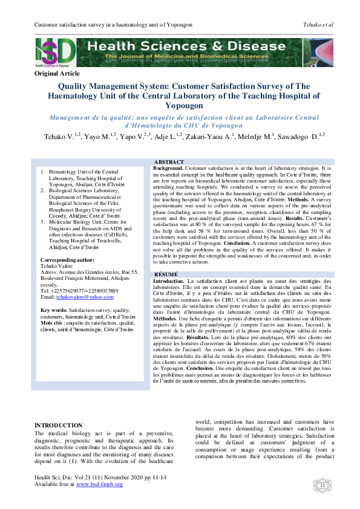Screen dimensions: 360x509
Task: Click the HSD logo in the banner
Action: click(x=56, y=51)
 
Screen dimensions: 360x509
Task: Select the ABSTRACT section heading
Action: click(x=169, y=163)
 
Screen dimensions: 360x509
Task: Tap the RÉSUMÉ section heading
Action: click(x=166, y=274)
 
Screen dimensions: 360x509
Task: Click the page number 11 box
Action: click(x=322, y=485)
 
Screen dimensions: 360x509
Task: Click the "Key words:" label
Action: click(x=50, y=310)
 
